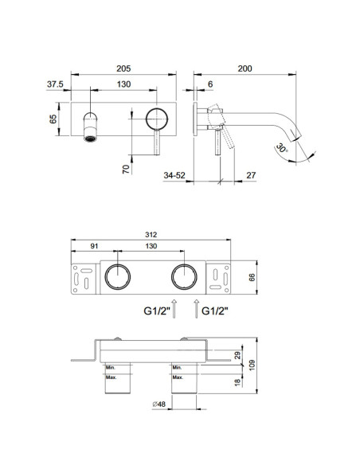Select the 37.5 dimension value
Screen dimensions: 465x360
click(55, 84)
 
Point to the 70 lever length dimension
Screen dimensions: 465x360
click(126, 170)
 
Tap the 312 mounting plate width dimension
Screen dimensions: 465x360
click(151, 236)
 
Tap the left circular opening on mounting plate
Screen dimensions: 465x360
click(119, 278)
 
